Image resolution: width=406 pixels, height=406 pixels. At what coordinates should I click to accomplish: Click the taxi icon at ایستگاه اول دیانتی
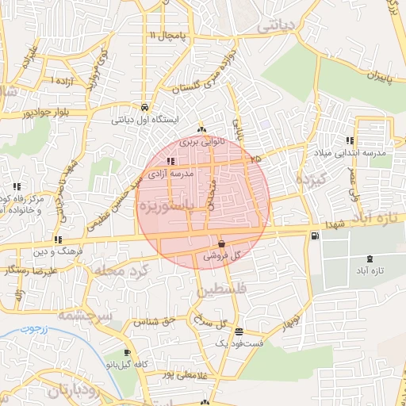[144, 107]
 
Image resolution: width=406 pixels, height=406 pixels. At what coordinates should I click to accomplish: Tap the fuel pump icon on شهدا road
[316, 235]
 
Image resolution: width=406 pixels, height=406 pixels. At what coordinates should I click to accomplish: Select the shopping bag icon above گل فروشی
[221, 244]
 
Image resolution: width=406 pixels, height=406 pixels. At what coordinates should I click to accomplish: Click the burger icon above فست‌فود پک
[239, 331]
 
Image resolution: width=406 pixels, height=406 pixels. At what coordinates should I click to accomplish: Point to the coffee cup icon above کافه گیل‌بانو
[127, 352]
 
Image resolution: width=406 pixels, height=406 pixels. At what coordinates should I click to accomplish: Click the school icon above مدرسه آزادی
[171, 161]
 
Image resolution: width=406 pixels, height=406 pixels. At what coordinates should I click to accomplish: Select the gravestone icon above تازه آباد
[370, 259]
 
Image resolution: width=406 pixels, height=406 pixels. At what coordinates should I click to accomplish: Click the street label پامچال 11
[165, 36]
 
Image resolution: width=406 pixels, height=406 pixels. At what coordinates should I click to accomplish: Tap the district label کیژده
[311, 180]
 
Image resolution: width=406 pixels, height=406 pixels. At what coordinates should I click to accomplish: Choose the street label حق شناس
[156, 322]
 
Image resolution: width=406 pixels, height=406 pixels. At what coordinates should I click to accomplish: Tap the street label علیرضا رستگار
[31, 271]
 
